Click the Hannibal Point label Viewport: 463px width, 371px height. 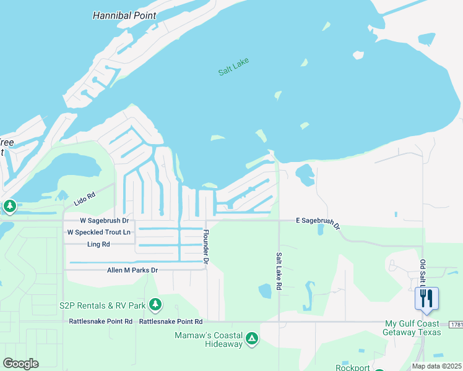[x=124, y=15]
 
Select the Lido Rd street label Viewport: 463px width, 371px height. [x=84, y=198]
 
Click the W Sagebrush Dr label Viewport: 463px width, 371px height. [x=104, y=220]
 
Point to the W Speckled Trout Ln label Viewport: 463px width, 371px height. [x=99, y=232]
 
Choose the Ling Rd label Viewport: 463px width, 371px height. [x=98, y=244]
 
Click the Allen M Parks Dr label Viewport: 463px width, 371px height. [x=132, y=270]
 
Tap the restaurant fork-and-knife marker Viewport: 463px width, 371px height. [x=426, y=298]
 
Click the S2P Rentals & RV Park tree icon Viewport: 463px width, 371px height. [x=156, y=304]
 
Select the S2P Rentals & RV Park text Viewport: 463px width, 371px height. [x=102, y=305]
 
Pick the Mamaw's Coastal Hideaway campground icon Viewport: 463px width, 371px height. [x=252, y=338]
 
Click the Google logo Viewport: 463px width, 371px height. [x=21, y=363]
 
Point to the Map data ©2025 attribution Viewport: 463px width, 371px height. [x=436, y=366]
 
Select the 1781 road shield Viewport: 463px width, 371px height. [x=457, y=324]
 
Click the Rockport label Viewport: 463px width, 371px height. [x=353, y=367]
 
